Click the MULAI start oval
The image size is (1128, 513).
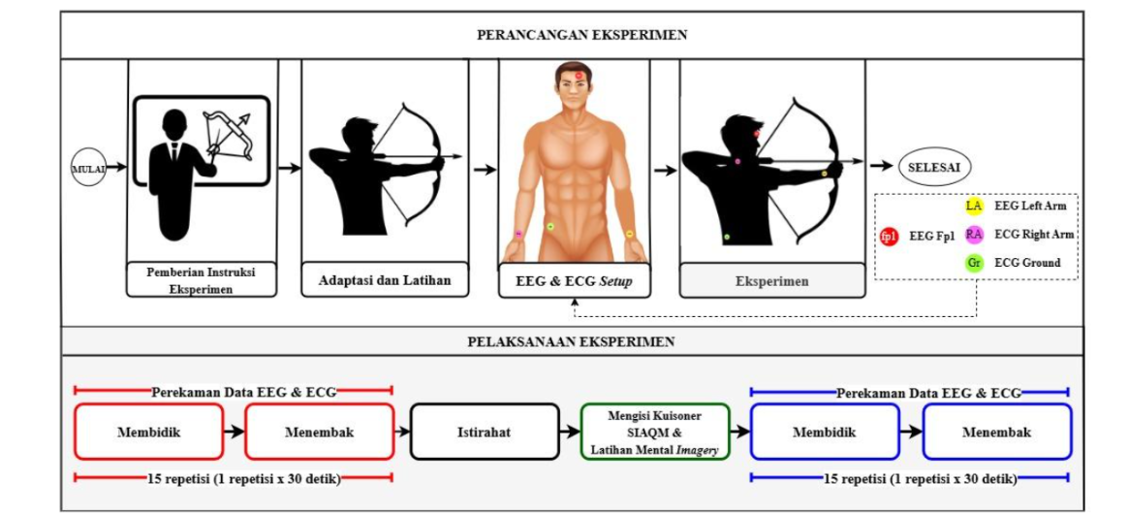click(88, 168)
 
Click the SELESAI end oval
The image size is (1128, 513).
click(933, 167)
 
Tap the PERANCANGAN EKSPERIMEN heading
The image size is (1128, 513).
click(582, 35)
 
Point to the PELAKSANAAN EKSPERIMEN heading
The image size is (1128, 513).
click(572, 341)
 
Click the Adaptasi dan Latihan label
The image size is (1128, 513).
click(385, 281)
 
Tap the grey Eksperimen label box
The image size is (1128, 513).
click(771, 281)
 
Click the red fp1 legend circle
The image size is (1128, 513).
click(889, 236)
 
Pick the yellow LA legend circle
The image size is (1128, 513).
click(974, 206)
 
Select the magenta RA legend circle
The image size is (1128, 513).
click(974, 234)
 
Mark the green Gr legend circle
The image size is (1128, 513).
click(974, 262)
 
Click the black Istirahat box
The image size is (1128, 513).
click(484, 432)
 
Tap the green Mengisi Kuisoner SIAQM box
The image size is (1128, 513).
click(656, 432)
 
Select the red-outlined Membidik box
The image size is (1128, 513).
click(148, 432)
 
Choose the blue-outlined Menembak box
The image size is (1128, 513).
click(996, 432)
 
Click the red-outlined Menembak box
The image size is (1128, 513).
click(319, 432)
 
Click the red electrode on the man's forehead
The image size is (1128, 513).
click(580, 75)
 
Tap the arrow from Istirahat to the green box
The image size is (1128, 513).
click(570, 432)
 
